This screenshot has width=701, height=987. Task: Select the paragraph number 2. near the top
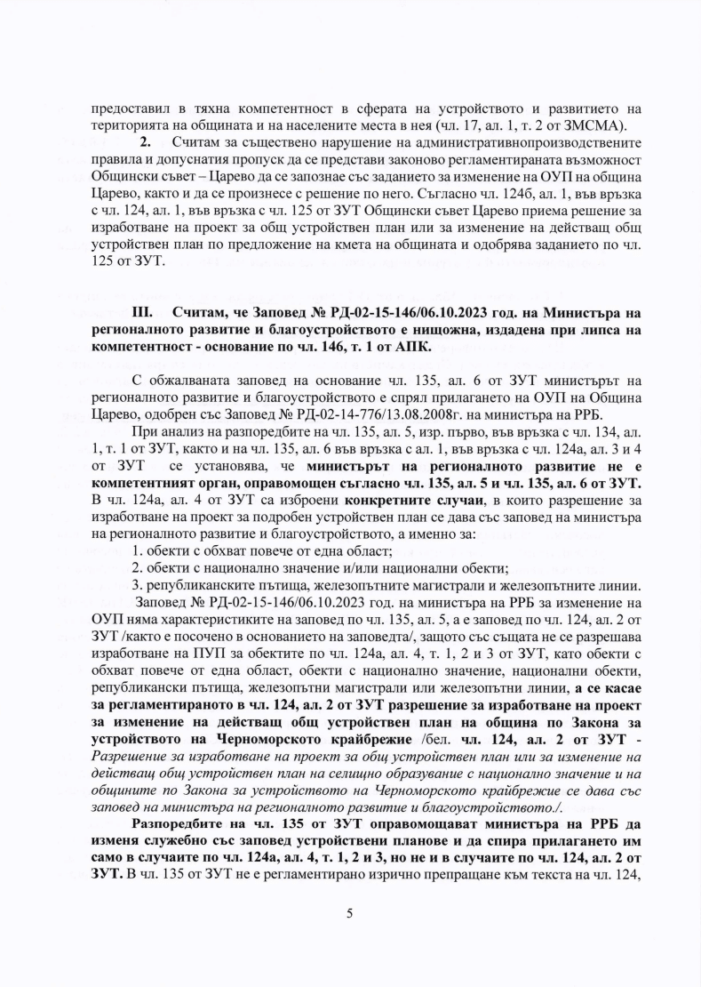click(x=147, y=142)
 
